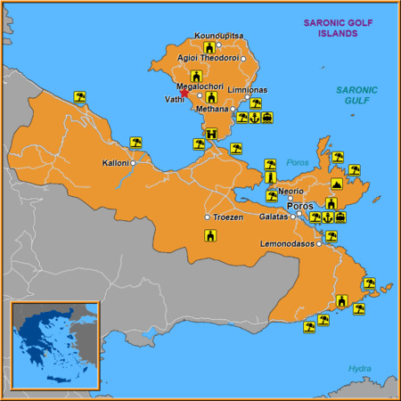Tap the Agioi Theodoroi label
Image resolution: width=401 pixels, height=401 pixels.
(208, 58)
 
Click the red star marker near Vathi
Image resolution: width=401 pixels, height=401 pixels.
(184, 93)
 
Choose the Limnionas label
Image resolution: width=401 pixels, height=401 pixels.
(248, 90)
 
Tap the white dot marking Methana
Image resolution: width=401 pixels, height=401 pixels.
(233, 109)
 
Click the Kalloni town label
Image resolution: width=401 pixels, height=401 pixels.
(116, 163)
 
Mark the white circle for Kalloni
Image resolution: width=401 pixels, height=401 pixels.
(133, 163)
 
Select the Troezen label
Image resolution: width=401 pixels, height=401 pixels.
(228, 217)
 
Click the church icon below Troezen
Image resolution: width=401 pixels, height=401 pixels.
(210, 235)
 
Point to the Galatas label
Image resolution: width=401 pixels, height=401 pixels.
(274, 217)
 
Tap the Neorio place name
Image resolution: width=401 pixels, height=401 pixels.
(291, 191)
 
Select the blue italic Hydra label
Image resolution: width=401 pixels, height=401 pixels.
(359, 368)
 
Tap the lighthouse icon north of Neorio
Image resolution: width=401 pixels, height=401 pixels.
(270, 178)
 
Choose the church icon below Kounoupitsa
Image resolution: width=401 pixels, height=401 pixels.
(209, 47)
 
